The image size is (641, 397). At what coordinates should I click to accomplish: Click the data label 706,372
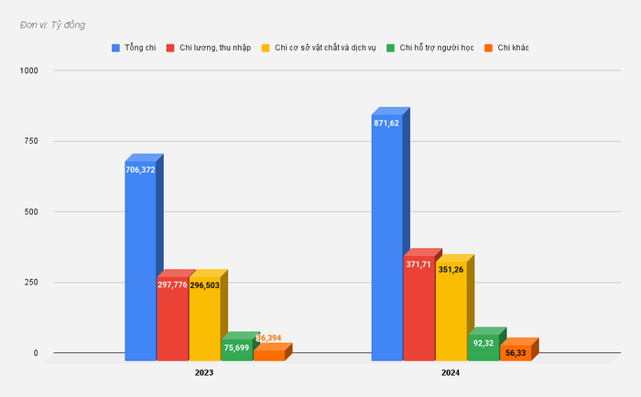tap(140, 169)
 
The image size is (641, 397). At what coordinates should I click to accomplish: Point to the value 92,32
tap(483, 341)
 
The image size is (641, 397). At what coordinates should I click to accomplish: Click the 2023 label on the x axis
tap(205, 373)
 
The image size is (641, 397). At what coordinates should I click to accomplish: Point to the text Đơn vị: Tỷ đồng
tap(52, 25)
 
